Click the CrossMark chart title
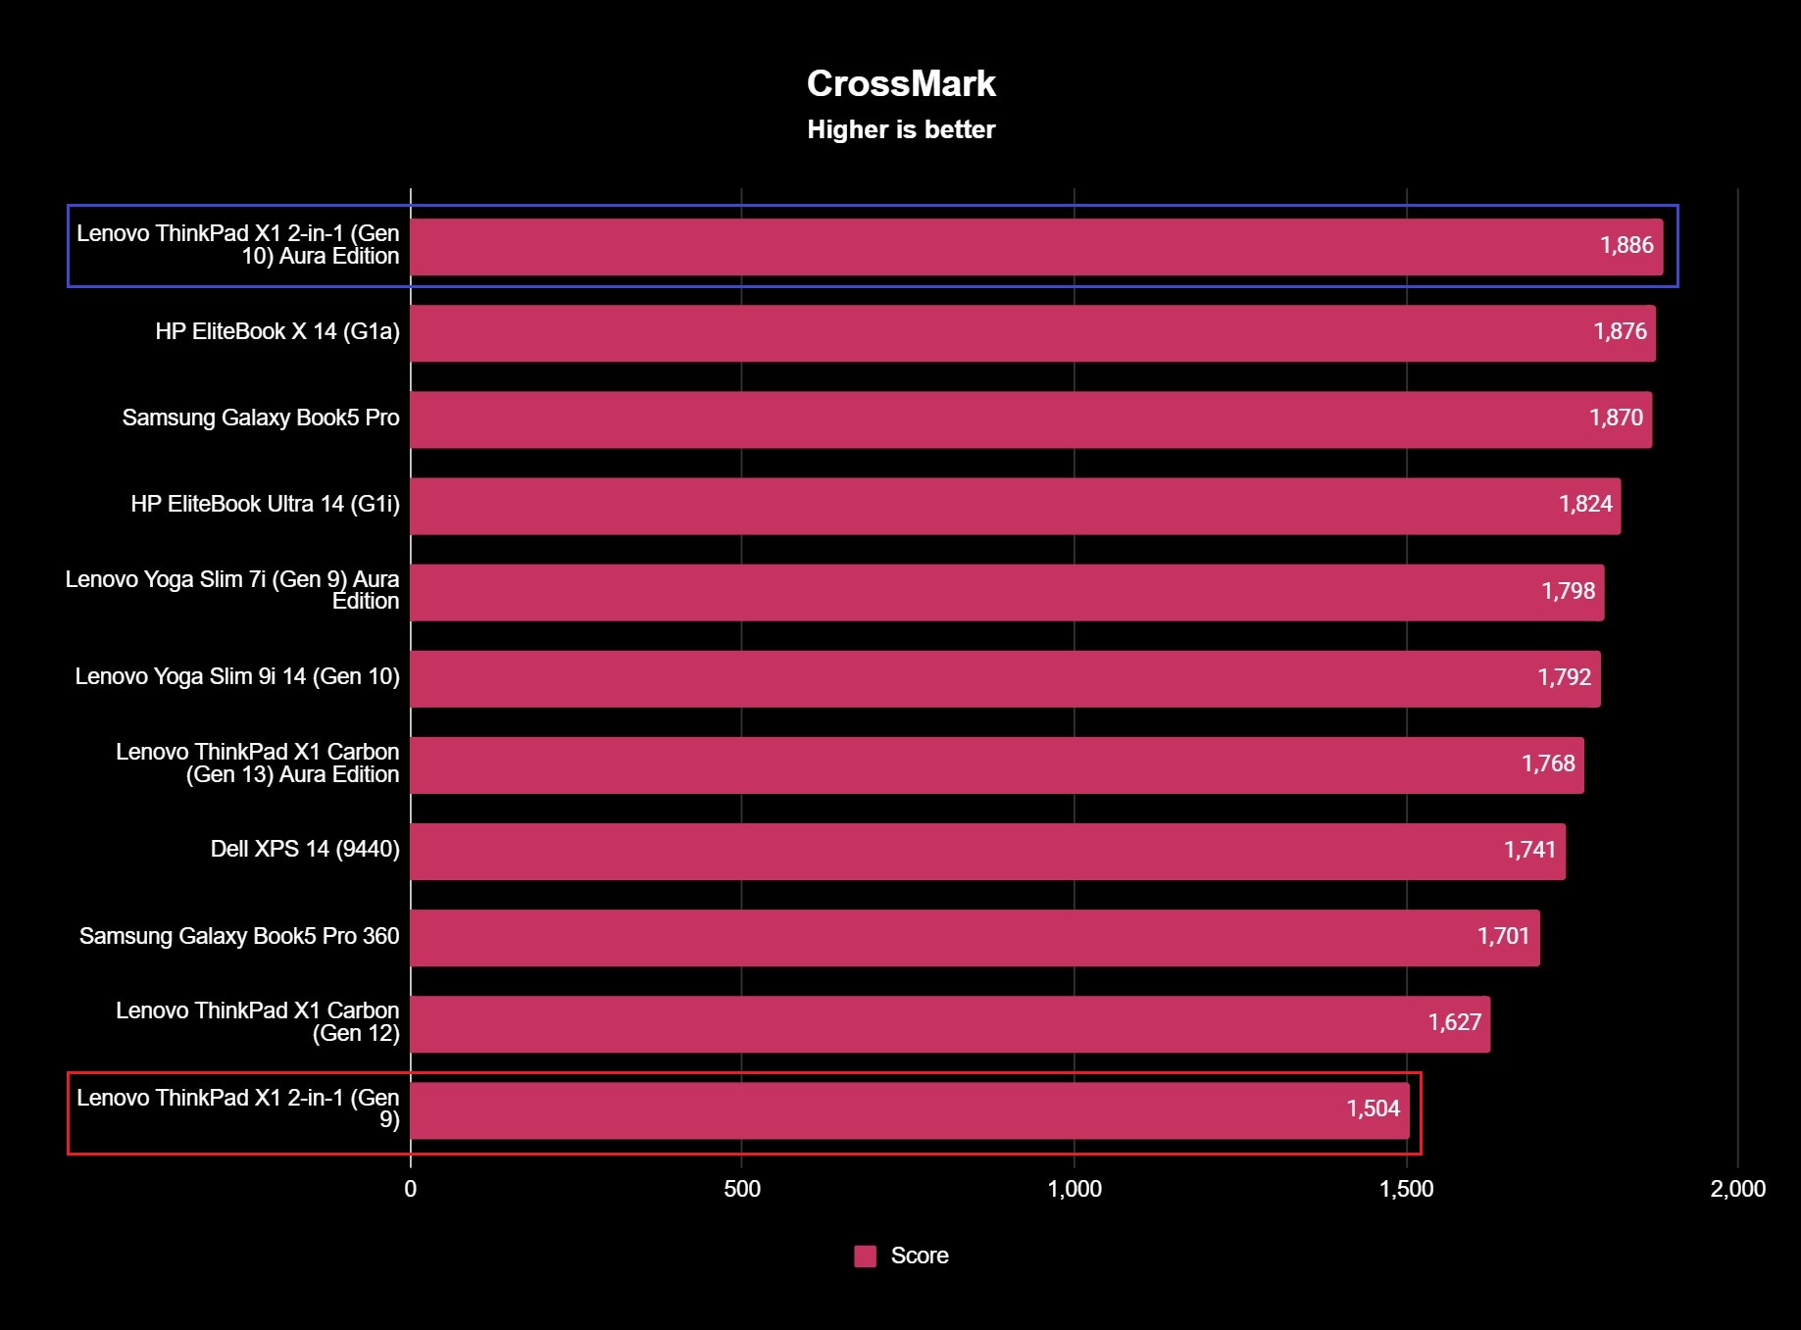point(901,84)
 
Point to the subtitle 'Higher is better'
point(901,129)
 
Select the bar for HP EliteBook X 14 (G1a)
point(1032,333)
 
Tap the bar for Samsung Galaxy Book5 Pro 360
point(975,938)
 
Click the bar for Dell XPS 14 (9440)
point(987,852)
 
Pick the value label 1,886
point(1626,245)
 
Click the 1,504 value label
point(1373,1108)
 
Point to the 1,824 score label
point(1585,504)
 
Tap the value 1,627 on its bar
point(1454,1022)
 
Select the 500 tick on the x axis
point(742,1189)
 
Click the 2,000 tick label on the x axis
point(1737,1189)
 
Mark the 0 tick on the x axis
point(410,1189)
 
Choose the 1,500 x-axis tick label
point(1406,1189)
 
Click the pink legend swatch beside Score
point(865,1256)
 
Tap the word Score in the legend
point(920,1256)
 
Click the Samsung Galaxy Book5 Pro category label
point(261,418)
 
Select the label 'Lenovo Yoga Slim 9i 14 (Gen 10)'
point(237,676)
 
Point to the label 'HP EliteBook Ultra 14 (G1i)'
point(266,504)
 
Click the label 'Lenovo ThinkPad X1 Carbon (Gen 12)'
point(258,1022)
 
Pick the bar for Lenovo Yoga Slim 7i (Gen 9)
point(1007,592)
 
